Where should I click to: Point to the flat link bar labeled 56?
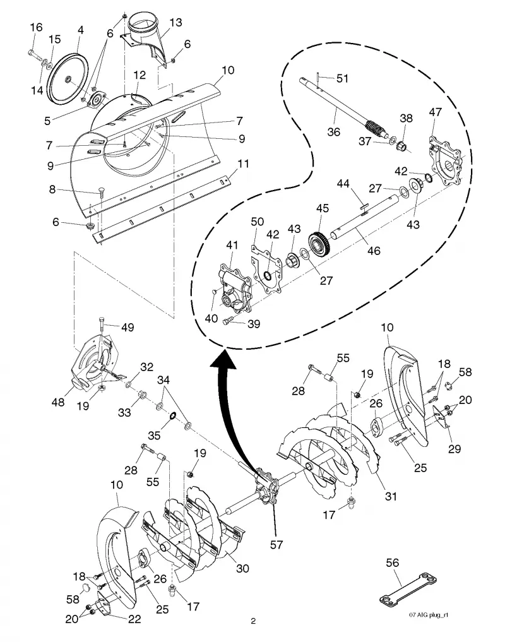click(x=408, y=588)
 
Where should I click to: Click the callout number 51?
click(x=342, y=78)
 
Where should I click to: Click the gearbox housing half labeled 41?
click(x=234, y=288)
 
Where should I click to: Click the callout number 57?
click(x=276, y=545)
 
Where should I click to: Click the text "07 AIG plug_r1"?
click(x=429, y=615)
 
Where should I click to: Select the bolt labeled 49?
click(x=102, y=328)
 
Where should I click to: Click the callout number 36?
click(x=334, y=132)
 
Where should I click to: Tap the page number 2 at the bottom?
click(x=253, y=621)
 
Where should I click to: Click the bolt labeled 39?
click(x=228, y=321)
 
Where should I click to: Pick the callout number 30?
click(x=242, y=568)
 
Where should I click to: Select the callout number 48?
click(x=57, y=402)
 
